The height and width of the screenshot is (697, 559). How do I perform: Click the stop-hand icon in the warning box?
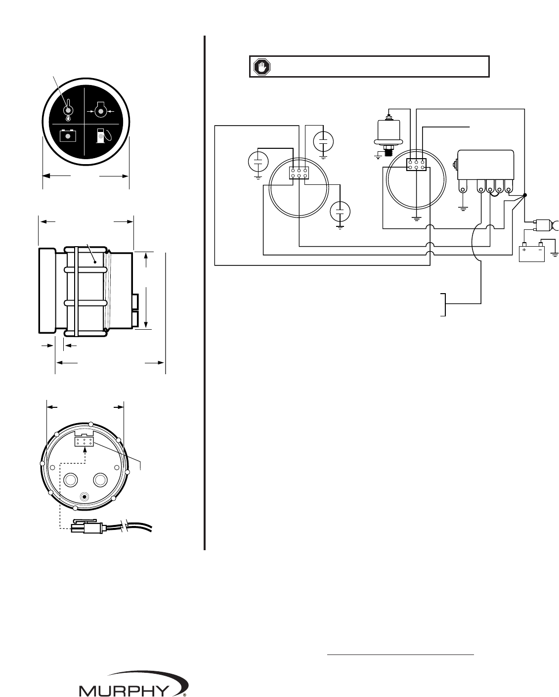click(261, 67)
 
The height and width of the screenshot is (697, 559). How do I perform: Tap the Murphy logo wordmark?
click(124, 690)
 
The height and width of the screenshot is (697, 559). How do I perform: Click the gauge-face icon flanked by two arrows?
click(101, 111)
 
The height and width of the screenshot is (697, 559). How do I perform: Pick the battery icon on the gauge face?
click(68, 135)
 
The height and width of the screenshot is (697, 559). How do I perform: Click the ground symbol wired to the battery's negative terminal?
click(555, 254)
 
